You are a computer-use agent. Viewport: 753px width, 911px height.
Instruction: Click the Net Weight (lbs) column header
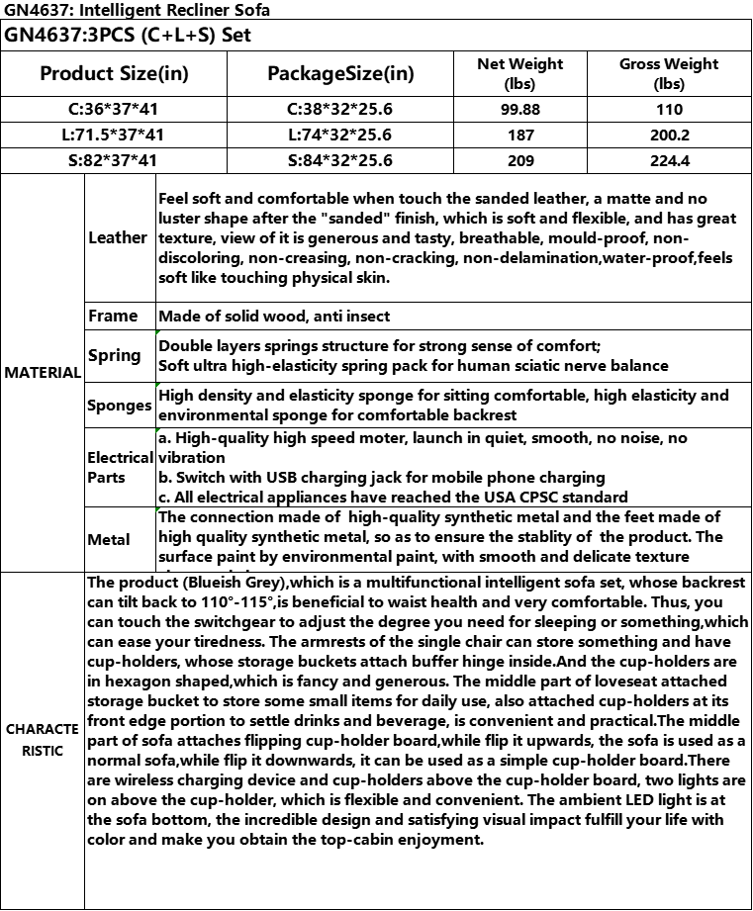tap(519, 73)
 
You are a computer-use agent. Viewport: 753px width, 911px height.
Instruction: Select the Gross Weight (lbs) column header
tap(669, 73)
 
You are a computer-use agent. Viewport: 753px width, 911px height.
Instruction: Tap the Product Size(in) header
tap(114, 74)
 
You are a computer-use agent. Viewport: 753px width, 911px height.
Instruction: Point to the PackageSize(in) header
tap(340, 74)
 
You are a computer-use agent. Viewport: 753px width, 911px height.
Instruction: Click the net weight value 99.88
tap(519, 110)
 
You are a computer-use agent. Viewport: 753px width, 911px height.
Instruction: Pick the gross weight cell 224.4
tap(669, 160)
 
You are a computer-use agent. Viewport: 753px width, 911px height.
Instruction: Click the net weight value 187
tap(519, 136)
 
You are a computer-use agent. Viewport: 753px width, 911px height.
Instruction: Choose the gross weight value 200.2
tap(669, 136)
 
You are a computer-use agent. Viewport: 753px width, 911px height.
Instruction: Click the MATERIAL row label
tap(43, 373)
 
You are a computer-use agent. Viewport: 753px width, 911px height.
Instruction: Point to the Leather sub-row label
tap(118, 237)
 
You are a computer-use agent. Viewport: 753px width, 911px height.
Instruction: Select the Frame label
tap(113, 317)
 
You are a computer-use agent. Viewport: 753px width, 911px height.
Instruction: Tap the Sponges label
tap(119, 406)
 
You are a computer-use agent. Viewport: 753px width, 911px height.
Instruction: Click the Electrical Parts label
tap(120, 467)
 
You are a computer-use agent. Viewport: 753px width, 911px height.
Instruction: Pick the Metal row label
tap(109, 539)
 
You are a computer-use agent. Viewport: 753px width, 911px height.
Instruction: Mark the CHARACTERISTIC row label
tap(43, 740)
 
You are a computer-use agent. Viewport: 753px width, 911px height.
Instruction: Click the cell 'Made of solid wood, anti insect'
tap(274, 317)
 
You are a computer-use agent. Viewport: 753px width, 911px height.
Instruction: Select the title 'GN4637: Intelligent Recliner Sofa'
tap(137, 10)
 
